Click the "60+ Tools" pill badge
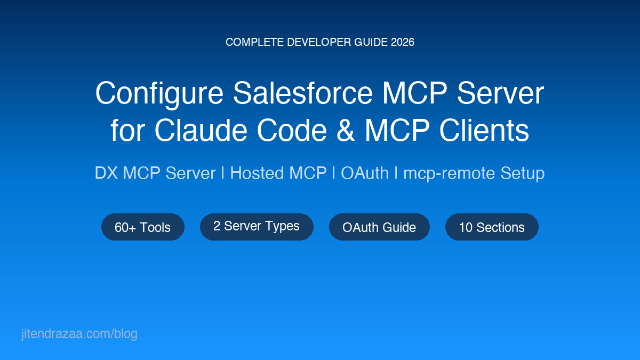[142, 227]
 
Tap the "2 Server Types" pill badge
[257, 226]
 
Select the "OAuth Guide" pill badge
[379, 227]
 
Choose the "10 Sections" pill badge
[492, 227]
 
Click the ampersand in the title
[346, 130]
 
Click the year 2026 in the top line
[403, 42]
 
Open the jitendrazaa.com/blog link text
[79, 334]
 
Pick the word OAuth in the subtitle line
[365, 173]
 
